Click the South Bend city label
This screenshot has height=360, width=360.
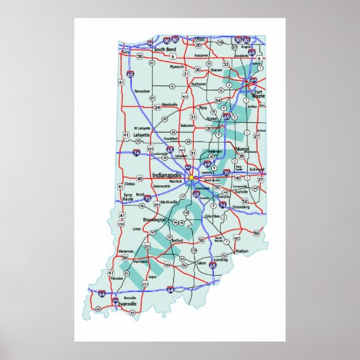pos(165,50)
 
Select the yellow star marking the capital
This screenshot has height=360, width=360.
pos(192,178)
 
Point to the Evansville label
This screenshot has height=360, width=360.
pos(127,304)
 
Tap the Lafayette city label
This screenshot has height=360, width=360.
pos(142,135)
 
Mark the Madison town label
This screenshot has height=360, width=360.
pos(242,251)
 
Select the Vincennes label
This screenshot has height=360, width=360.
pos(126,251)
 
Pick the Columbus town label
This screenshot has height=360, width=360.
pos(212,216)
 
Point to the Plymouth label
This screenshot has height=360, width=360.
pos(177,67)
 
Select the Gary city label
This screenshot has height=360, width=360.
pos(125,52)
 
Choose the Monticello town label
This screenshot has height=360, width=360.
pos(169,104)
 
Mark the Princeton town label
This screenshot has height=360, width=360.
pos(118,278)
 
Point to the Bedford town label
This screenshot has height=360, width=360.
pos(177,240)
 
